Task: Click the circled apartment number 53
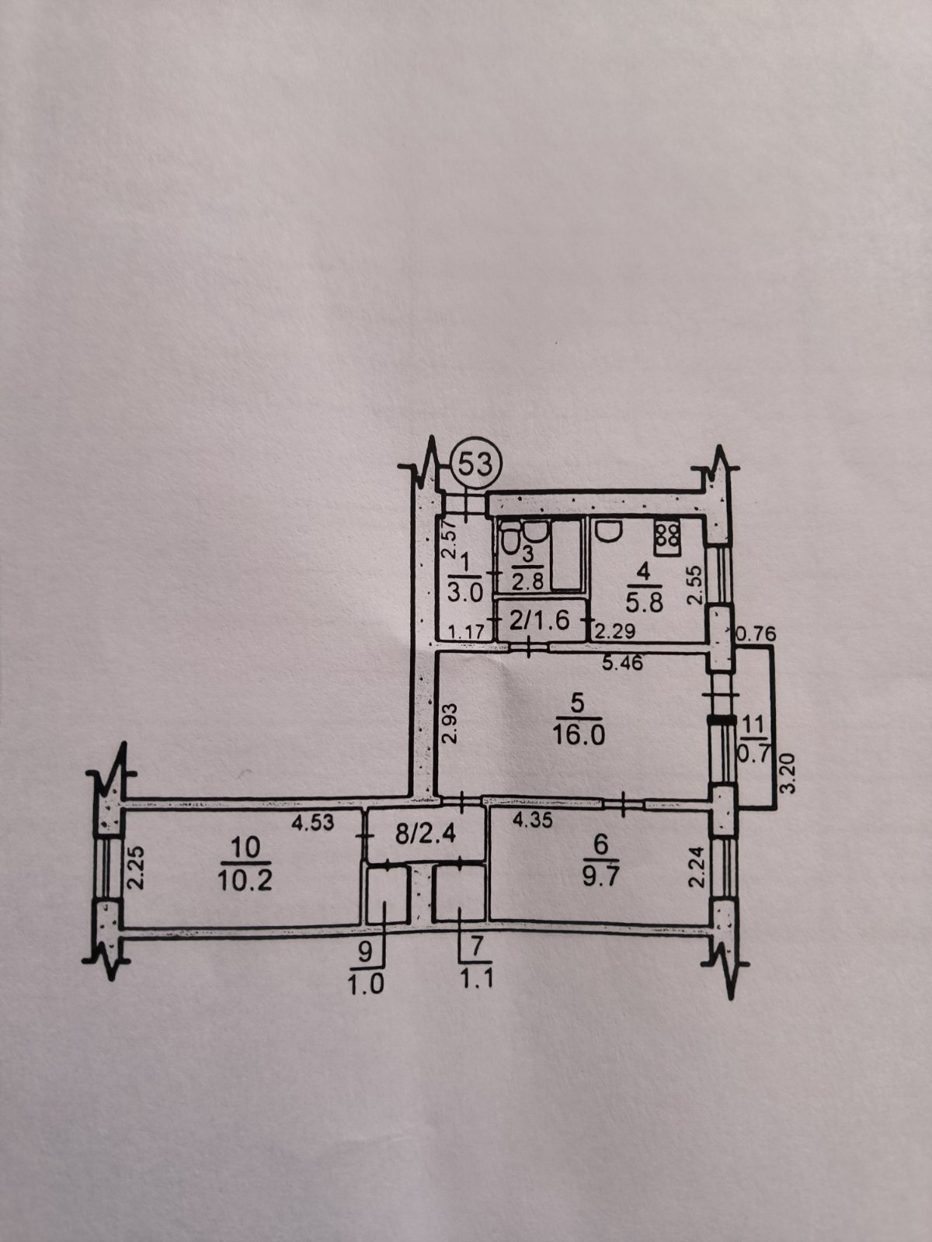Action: click(475, 464)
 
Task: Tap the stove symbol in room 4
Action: click(666, 536)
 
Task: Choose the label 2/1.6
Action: click(538, 618)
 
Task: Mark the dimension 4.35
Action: click(533, 820)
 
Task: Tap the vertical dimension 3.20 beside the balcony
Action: click(789, 772)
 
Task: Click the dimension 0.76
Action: click(756, 634)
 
